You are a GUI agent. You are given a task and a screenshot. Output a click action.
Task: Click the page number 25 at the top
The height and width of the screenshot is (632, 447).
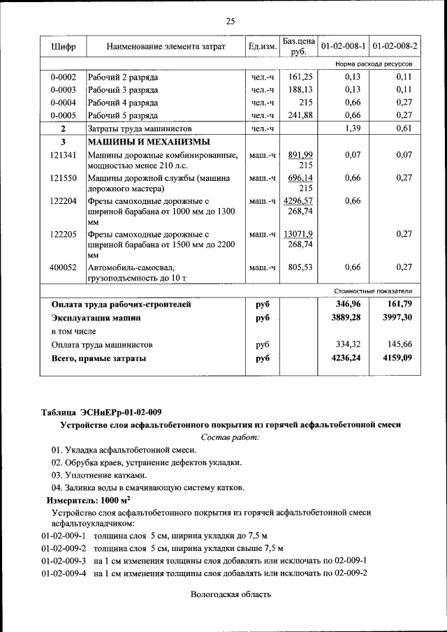coord(230,21)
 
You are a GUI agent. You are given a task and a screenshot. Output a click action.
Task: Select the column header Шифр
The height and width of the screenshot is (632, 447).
coord(64,47)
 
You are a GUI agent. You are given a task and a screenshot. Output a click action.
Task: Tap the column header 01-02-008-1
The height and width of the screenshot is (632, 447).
coord(342,47)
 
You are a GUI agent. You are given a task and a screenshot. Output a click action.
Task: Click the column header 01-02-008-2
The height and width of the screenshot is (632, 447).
coord(395,47)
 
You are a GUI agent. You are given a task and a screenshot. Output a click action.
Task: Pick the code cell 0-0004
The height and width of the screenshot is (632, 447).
coord(63,103)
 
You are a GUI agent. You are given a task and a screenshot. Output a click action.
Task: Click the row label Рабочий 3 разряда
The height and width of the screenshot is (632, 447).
coord(123,90)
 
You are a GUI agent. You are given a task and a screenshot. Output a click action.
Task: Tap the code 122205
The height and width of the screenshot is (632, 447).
coord(63,235)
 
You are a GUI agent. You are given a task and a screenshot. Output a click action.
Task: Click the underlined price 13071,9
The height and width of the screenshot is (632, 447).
coord(299,235)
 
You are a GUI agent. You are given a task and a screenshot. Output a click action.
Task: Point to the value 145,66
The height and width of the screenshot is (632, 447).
coord(398,344)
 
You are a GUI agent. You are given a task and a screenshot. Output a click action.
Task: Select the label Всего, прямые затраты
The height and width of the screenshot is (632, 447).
coord(99,358)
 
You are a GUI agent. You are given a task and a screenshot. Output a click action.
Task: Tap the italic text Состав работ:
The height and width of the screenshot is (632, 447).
coord(230,437)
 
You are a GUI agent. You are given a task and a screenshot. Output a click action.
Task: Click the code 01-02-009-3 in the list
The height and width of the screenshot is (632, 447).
coord(63,561)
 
